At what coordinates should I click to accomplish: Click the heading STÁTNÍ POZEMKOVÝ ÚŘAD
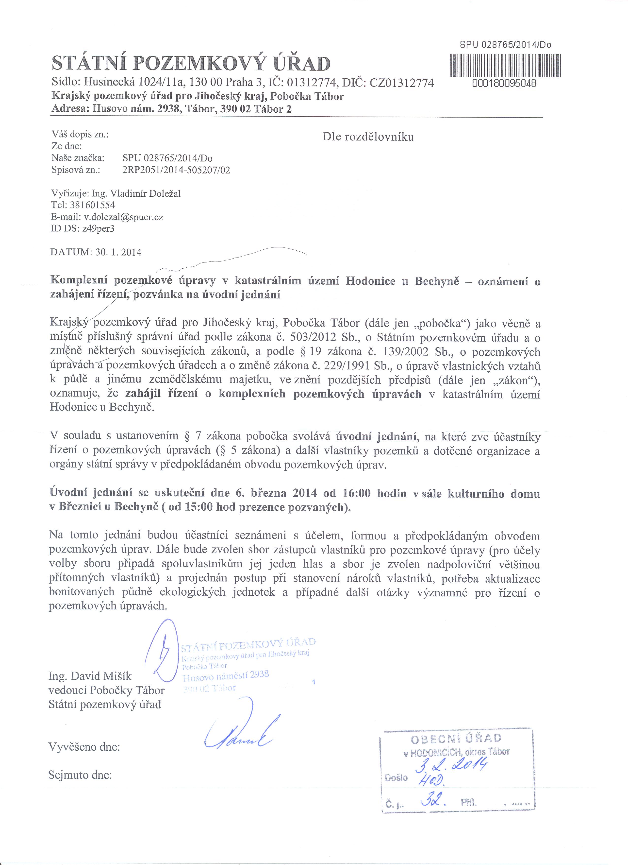point(191,63)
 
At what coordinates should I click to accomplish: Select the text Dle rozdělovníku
point(368,137)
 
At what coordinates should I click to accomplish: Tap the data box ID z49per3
point(96,229)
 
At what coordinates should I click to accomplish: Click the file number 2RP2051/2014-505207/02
point(176,170)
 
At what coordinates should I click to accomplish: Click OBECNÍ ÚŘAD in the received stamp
point(456,739)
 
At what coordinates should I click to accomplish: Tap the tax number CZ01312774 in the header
point(402,83)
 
